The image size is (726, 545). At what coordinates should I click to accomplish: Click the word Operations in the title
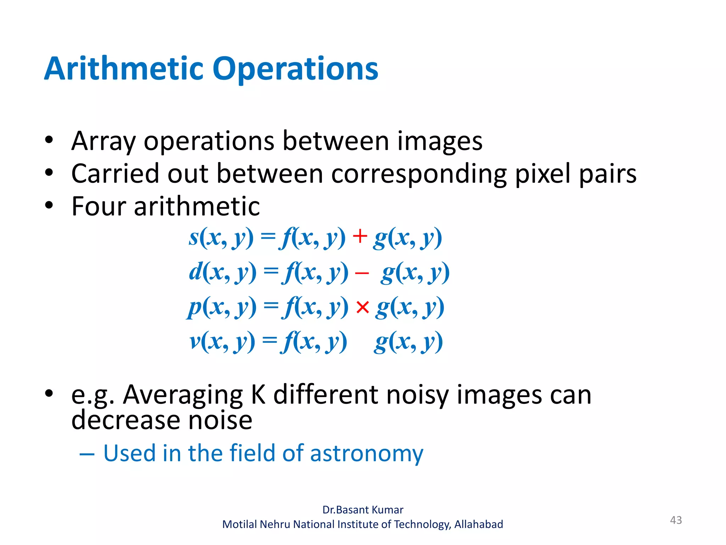(x=295, y=69)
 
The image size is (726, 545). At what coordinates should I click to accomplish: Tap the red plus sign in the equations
(x=360, y=236)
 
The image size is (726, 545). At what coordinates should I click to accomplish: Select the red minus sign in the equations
(x=362, y=273)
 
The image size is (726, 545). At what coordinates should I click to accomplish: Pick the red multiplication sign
(x=363, y=307)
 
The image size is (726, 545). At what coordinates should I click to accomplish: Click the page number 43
(x=676, y=520)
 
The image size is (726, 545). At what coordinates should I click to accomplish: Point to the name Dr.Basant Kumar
(x=363, y=510)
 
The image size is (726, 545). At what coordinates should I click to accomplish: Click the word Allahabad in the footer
(x=479, y=524)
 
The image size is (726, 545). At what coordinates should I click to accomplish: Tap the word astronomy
(x=367, y=454)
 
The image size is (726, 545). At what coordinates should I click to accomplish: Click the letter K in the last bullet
(x=258, y=395)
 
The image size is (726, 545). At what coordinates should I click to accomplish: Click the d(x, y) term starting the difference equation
(x=223, y=272)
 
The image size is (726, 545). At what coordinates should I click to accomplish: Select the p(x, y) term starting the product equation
(x=222, y=307)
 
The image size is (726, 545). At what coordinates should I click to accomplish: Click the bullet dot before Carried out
(x=49, y=173)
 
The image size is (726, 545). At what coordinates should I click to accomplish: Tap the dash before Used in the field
(x=87, y=454)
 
